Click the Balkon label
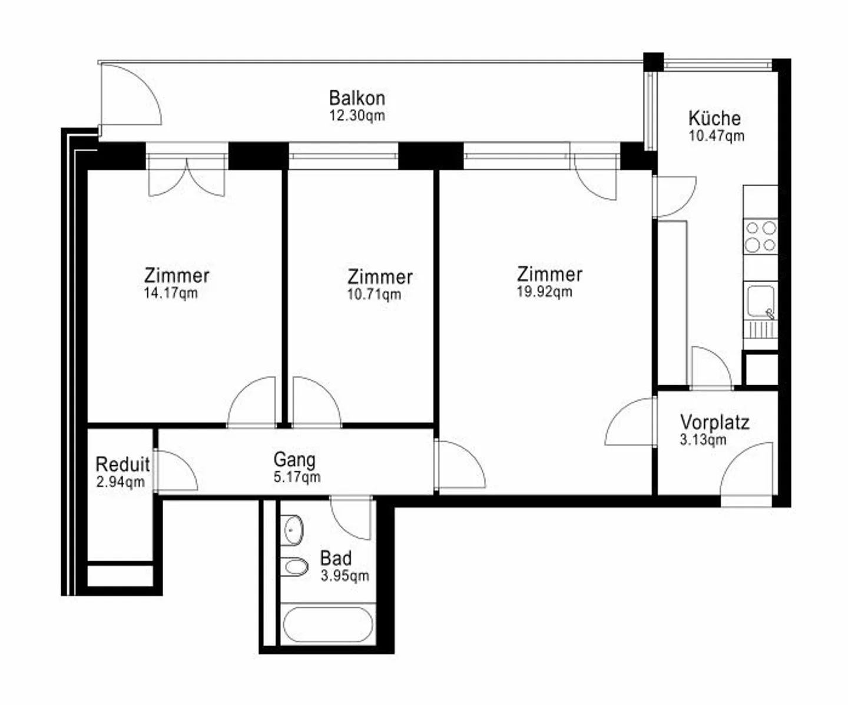(357, 98)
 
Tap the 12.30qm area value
(357, 115)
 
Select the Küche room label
(714, 118)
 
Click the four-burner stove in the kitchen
(760, 236)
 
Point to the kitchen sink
(761, 301)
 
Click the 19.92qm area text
(545, 292)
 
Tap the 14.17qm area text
(171, 293)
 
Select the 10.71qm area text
(374, 294)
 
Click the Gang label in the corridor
(294, 459)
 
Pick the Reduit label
(122, 465)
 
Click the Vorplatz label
(714, 422)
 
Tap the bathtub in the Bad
(328, 624)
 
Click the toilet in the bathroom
(294, 567)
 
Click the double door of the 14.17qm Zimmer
(186, 177)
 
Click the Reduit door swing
(175, 471)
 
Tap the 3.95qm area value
(345, 575)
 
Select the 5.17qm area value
(297, 476)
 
